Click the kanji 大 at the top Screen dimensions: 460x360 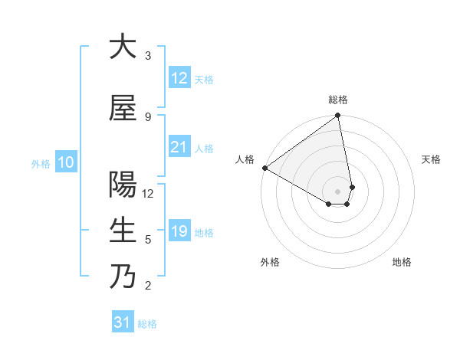click(x=122, y=47)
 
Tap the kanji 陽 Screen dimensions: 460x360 click(x=122, y=185)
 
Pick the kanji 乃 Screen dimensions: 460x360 click(x=122, y=277)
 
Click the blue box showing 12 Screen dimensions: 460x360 click(x=179, y=78)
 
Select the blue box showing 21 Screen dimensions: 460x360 click(x=179, y=148)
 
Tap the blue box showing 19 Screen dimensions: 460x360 click(x=179, y=231)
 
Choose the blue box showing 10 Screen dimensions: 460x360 click(x=66, y=162)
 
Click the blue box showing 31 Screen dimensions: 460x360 click(x=123, y=322)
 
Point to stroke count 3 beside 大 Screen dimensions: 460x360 click(x=148, y=56)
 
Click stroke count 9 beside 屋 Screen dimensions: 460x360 click(x=148, y=117)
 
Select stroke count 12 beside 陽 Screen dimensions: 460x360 click(x=148, y=194)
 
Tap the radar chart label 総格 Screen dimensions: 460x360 click(x=338, y=100)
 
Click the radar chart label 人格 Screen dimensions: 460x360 click(x=245, y=159)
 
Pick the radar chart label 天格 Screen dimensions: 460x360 click(x=431, y=159)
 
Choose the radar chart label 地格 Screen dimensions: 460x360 click(x=402, y=262)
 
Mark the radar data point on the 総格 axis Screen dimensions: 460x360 click(x=338, y=116)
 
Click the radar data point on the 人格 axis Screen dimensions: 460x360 click(x=264, y=168)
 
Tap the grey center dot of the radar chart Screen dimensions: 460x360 click(x=337, y=191)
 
